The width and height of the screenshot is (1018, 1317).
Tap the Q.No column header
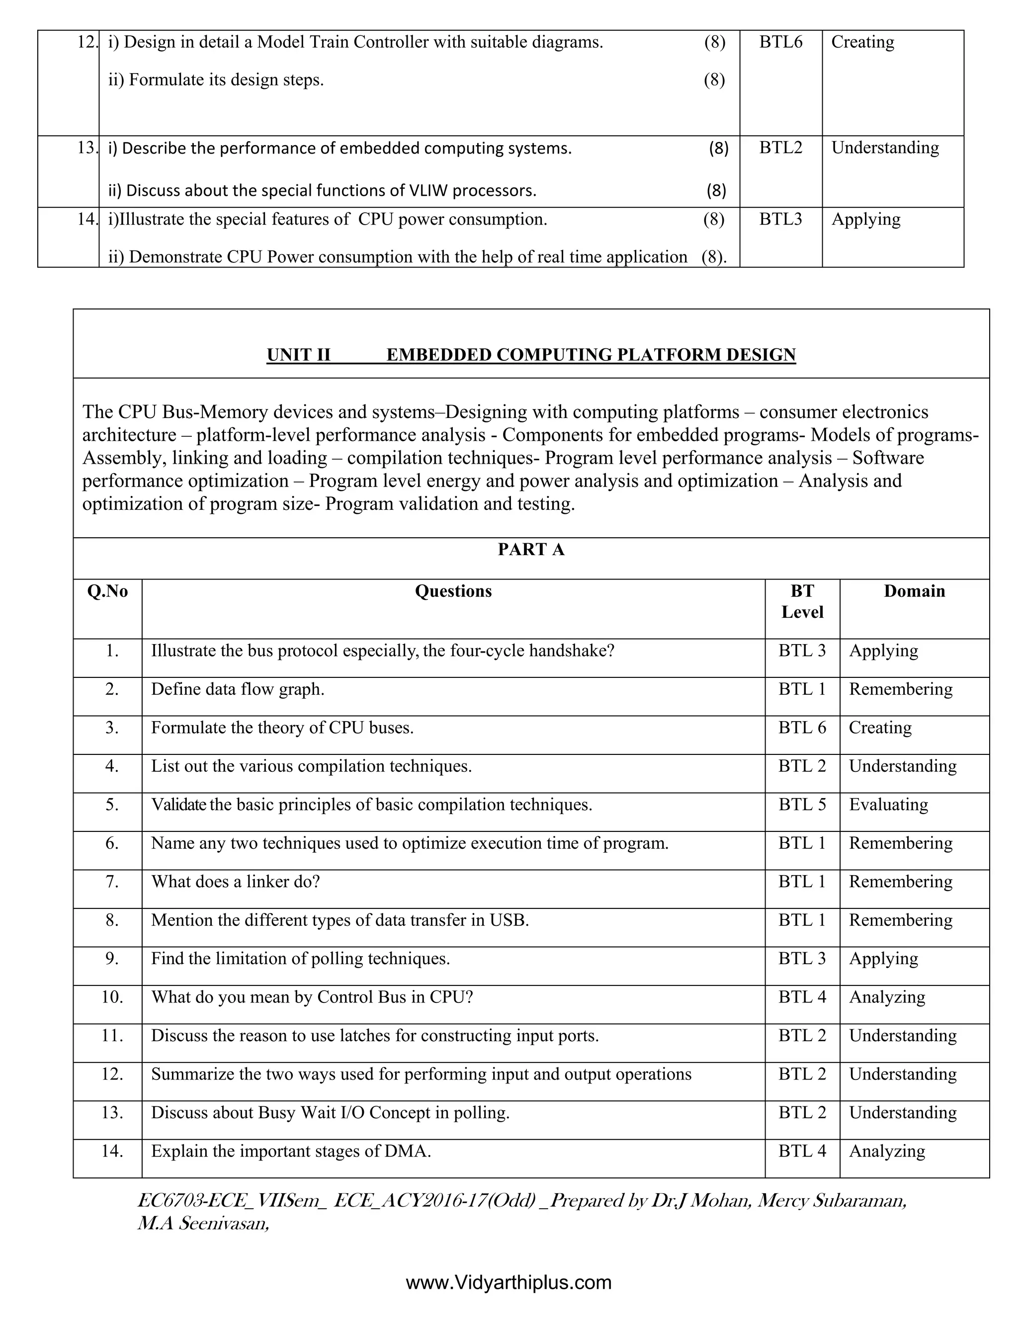point(107,591)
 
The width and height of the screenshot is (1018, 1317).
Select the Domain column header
point(914,591)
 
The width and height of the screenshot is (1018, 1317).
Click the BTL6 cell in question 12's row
point(780,42)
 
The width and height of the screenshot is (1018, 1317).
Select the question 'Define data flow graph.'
point(238,689)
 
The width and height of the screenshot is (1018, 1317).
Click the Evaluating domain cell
point(888,805)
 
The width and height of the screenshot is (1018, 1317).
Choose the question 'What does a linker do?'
point(235,882)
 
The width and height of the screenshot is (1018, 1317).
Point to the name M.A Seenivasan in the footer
point(203,1224)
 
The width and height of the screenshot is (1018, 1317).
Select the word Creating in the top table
point(862,42)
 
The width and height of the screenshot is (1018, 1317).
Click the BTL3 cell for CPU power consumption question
point(780,220)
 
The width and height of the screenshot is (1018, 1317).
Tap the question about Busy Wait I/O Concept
point(330,1113)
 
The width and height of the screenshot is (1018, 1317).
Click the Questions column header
point(453,591)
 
